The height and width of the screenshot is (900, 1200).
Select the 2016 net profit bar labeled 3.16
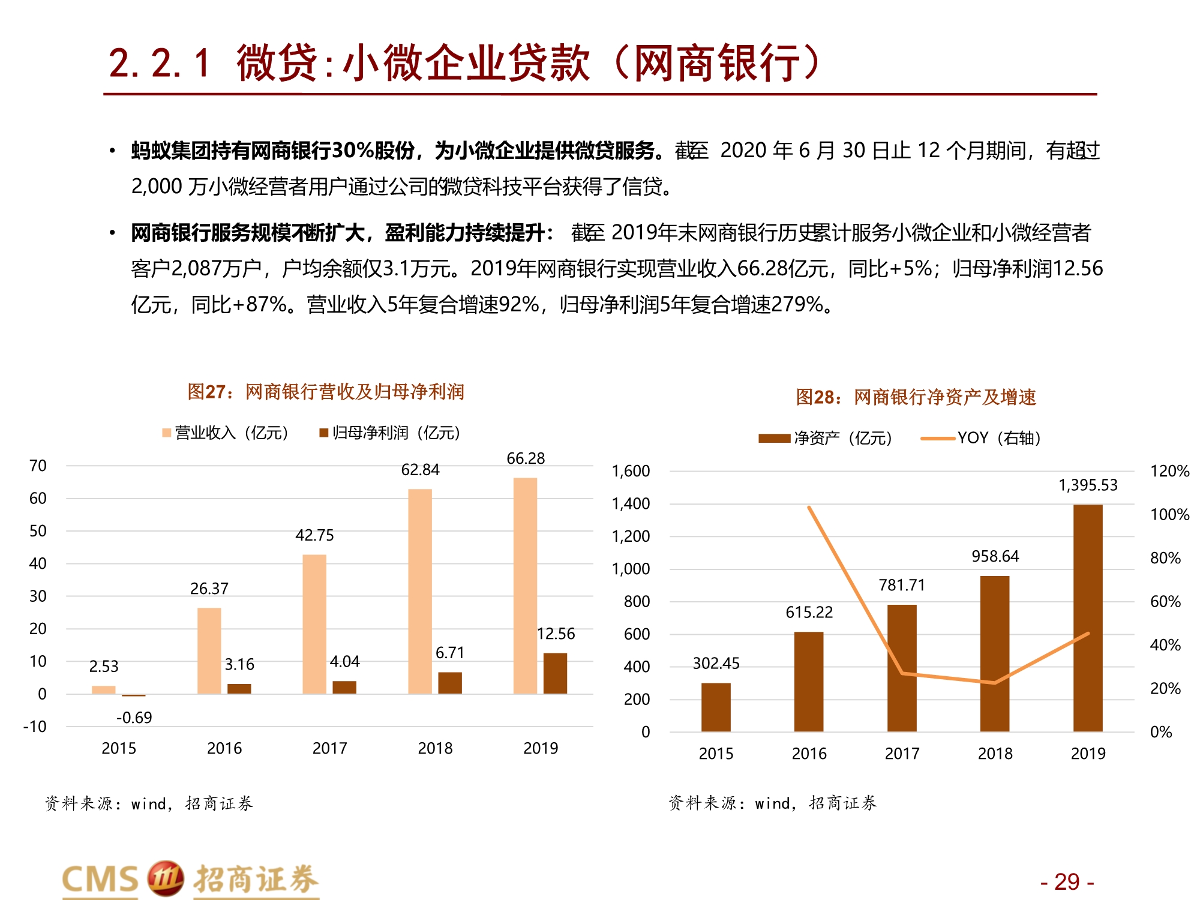[x=239, y=689]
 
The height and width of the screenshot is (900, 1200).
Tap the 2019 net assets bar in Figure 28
[x=1088, y=618]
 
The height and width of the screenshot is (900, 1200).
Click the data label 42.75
[x=314, y=535]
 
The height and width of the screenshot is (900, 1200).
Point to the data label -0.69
[x=134, y=718]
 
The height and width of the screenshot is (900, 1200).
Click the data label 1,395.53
[x=1088, y=485]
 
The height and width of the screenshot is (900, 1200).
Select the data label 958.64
[x=995, y=556]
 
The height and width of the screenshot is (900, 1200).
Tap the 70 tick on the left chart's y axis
[x=38, y=466]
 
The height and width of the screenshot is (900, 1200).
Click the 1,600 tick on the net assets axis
[x=631, y=471]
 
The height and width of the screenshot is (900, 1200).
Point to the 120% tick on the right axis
[x=1169, y=471]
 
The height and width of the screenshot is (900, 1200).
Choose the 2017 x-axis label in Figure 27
[x=329, y=748]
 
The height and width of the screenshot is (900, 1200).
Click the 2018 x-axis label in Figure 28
[x=995, y=754]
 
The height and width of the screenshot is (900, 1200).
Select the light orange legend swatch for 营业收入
[x=167, y=433]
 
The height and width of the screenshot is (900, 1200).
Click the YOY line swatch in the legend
[x=937, y=439]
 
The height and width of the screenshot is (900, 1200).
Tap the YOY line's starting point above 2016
[x=809, y=508]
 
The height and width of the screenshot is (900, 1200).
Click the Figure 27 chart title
[x=326, y=392]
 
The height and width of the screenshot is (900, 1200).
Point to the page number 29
[x=1067, y=882]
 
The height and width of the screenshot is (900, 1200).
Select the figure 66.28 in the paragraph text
[x=761, y=268]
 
